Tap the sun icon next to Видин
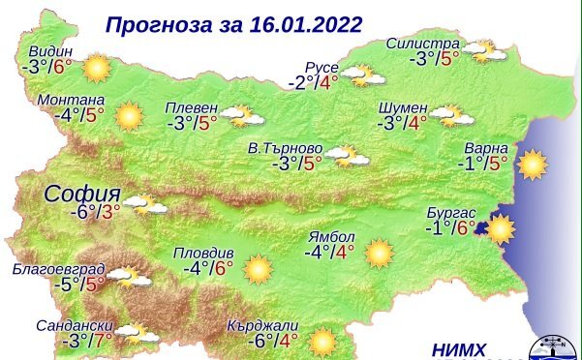(96, 69)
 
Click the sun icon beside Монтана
(129, 116)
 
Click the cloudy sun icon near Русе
(359, 75)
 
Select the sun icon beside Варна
(532, 165)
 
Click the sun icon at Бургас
(500, 229)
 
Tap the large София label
(82, 192)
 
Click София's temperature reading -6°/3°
(94, 212)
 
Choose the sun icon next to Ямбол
(379, 254)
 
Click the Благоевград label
(52, 267)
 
